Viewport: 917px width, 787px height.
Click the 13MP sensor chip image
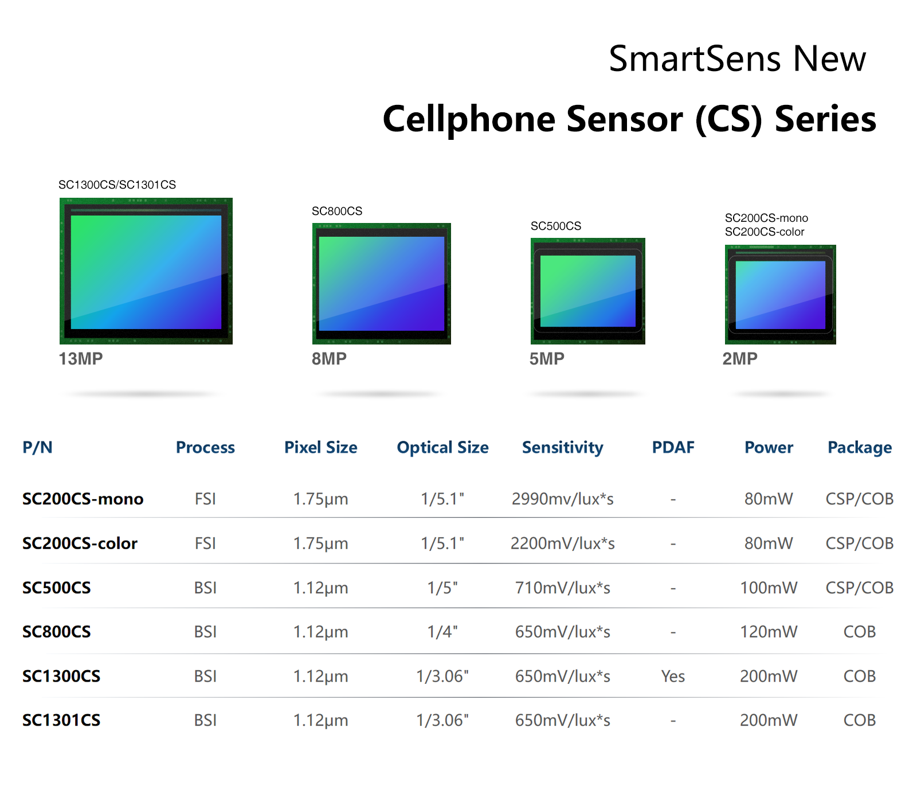pos(146,271)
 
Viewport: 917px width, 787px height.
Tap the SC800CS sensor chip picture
pos(382,284)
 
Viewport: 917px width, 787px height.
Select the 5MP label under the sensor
pos(547,359)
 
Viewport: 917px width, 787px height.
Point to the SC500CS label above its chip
pos(556,226)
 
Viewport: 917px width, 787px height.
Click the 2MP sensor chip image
pos(781,295)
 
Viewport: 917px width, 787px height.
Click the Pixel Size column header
pos(321,447)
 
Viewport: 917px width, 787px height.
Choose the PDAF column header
pos(673,447)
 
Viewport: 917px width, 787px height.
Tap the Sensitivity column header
pos(563,448)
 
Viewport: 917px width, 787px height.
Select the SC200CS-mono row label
pos(83,499)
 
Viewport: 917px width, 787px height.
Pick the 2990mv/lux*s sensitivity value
pos(563,499)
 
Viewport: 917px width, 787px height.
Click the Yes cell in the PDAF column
pos(673,676)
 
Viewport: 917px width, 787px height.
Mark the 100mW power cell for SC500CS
pos(769,588)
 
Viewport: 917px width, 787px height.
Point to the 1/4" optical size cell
pos(442,632)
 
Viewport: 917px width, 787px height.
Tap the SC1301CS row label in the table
pos(61,720)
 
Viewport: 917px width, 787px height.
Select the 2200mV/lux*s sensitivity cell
pos(563,543)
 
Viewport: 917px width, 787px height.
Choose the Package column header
pos(860,448)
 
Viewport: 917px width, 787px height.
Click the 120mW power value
pos(769,632)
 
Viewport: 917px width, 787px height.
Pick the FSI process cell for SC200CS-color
pos(205,543)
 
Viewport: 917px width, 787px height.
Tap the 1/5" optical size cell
pos(442,588)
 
